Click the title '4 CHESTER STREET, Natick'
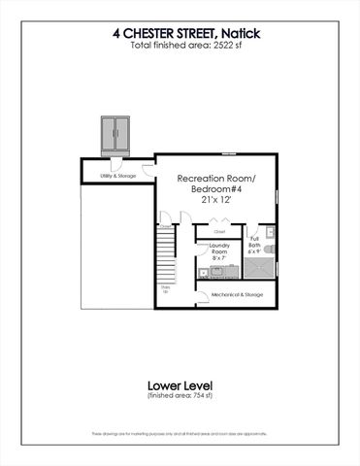point(180,33)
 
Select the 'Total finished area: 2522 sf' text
point(180,46)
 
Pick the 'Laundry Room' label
point(219,249)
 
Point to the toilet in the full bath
point(270,250)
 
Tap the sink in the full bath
point(271,233)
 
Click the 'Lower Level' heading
point(180,384)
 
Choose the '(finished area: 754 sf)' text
point(180,397)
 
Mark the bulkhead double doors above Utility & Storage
point(117,134)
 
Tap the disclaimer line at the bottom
point(180,433)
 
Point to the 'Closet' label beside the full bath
point(219,232)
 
